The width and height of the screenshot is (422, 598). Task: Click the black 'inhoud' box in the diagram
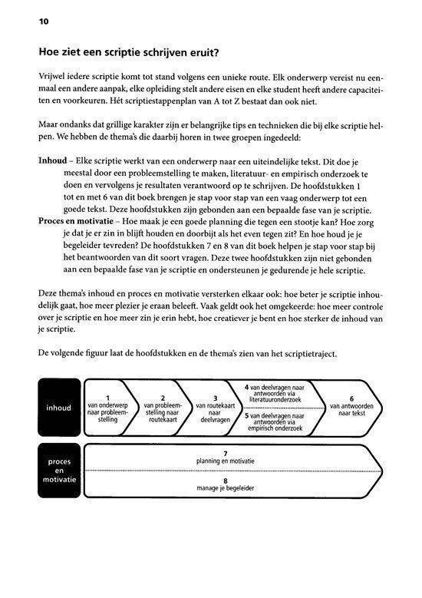pos(58,408)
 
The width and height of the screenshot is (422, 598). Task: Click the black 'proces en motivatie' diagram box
pos(58,470)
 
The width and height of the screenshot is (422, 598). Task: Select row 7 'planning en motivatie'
pos(225,458)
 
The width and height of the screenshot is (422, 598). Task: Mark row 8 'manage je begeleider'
pos(225,484)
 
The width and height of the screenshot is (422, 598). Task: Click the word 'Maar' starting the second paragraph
pos(48,127)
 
